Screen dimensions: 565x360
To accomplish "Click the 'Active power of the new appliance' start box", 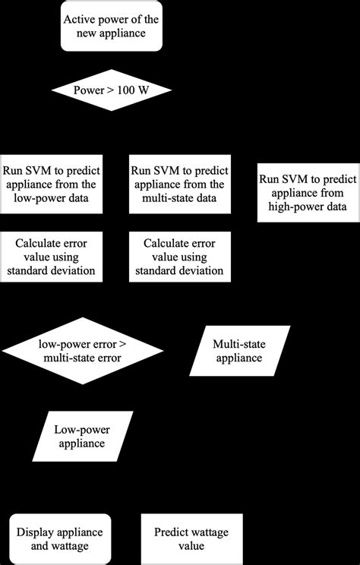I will [x=111, y=27].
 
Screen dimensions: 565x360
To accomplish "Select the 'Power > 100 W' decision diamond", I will [x=111, y=91].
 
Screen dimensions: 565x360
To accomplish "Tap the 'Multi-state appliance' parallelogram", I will [x=237, y=351].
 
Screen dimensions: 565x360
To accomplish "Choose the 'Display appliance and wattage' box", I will [x=61, y=538].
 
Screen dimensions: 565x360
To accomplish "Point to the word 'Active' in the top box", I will [x=82, y=21].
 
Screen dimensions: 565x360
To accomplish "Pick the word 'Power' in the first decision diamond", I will [x=88, y=91].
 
